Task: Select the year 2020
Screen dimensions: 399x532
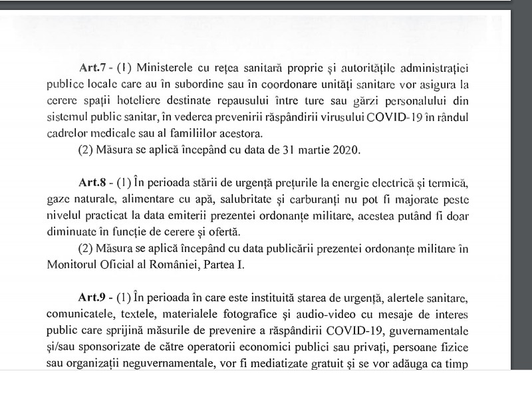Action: click(344, 149)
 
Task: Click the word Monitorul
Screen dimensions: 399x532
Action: click(73, 265)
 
